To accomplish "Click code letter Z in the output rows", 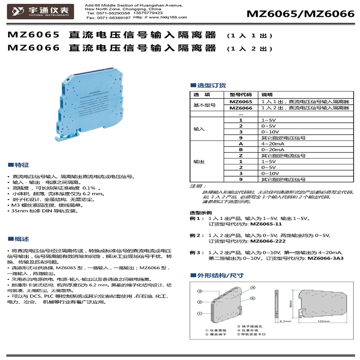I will pyautogui.click(x=240, y=156).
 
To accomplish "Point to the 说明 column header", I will pyautogui.click(x=266, y=95).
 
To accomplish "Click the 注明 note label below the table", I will pyautogui.click(x=196, y=186).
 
